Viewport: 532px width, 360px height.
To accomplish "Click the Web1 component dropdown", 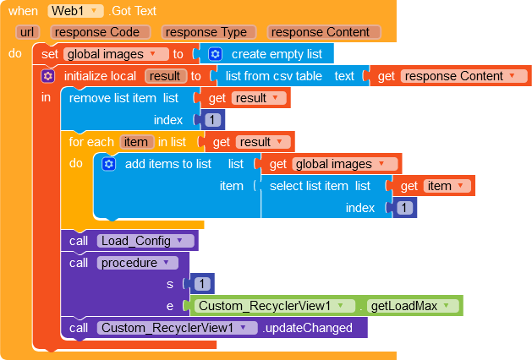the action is click(75, 11).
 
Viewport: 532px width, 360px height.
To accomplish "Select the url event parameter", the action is click(27, 32).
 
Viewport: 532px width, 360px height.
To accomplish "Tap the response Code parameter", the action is click(100, 32).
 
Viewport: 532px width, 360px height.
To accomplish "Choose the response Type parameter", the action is click(209, 32).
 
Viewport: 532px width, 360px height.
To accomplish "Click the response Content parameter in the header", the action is click(324, 32).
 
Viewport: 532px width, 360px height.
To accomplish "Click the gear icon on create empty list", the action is click(215, 54).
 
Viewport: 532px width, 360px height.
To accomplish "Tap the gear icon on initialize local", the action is click(47, 76).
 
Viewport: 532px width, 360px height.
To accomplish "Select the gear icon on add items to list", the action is click(108, 164).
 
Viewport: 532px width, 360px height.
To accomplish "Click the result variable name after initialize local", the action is click(166, 76).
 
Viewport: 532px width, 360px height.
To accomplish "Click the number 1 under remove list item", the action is click(213, 120).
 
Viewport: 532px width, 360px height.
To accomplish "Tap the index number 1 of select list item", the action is click(404, 207).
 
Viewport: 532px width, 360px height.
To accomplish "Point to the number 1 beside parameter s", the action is click(202, 283).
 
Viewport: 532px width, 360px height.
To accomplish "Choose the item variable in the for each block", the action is click(135, 142).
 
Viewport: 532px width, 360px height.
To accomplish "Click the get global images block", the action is click(332, 164).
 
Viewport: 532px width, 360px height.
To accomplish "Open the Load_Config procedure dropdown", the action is click(145, 241).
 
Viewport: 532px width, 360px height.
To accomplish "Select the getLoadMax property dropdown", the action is click(413, 306).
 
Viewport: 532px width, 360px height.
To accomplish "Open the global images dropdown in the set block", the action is click(116, 54).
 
